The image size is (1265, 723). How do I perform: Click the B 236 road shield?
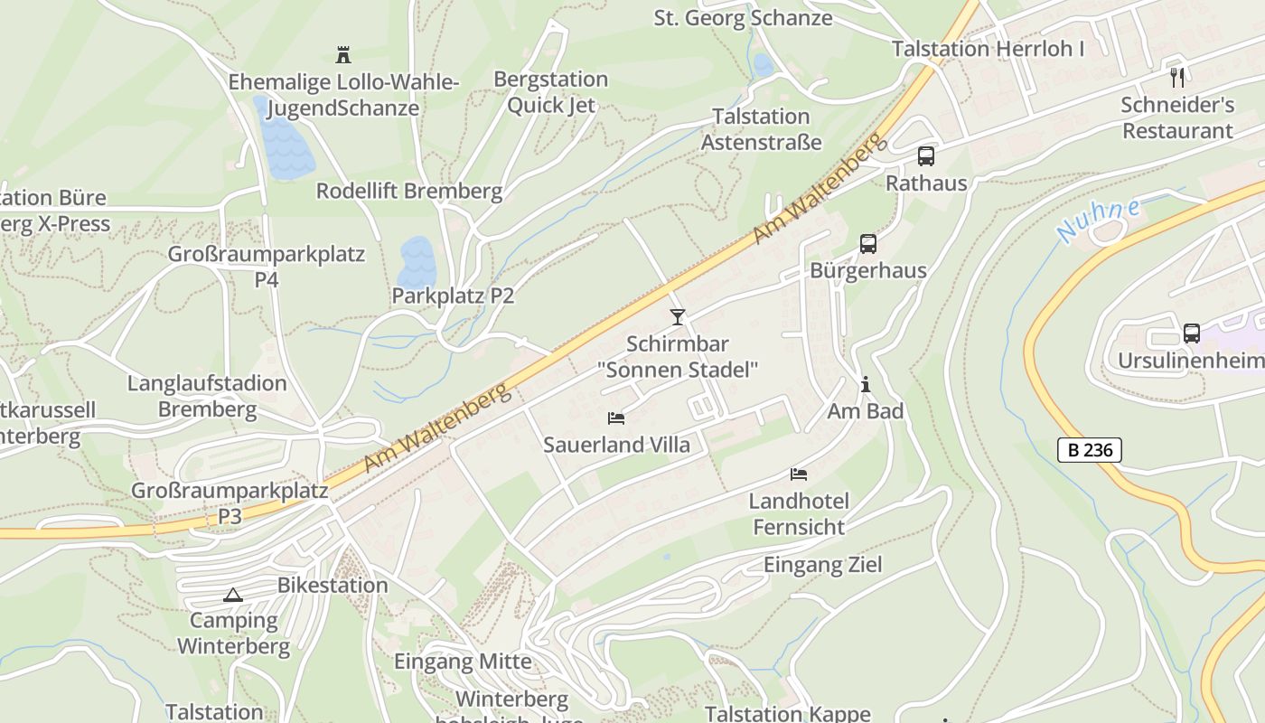[x=1089, y=449]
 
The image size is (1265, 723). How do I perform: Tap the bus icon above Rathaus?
[x=926, y=155]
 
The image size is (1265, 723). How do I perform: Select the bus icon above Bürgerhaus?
[x=867, y=243]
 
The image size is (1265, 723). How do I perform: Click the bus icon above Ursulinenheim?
[x=1192, y=333]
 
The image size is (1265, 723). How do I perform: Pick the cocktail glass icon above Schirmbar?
[x=678, y=316]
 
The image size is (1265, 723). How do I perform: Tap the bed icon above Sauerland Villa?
[x=616, y=418]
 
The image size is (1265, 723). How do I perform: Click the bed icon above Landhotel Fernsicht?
[x=799, y=474]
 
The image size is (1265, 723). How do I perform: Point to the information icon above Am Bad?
[x=865, y=384]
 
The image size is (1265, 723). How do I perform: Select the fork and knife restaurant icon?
[x=1176, y=77]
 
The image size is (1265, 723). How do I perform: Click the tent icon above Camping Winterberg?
[x=233, y=595]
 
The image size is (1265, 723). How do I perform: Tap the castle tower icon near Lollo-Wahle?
[x=343, y=55]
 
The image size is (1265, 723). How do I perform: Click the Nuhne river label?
[x=1097, y=220]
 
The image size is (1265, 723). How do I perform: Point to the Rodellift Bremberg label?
[x=408, y=191]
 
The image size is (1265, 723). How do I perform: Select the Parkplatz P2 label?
[x=453, y=296]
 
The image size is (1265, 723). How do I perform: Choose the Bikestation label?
[x=333, y=585]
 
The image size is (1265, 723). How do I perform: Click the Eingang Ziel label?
[x=822, y=565]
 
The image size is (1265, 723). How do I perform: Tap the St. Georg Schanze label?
[x=743, y=17]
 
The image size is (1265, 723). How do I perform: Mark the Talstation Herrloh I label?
[x=988, y=49]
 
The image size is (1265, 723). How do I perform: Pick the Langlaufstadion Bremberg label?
[x=207, y=396]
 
